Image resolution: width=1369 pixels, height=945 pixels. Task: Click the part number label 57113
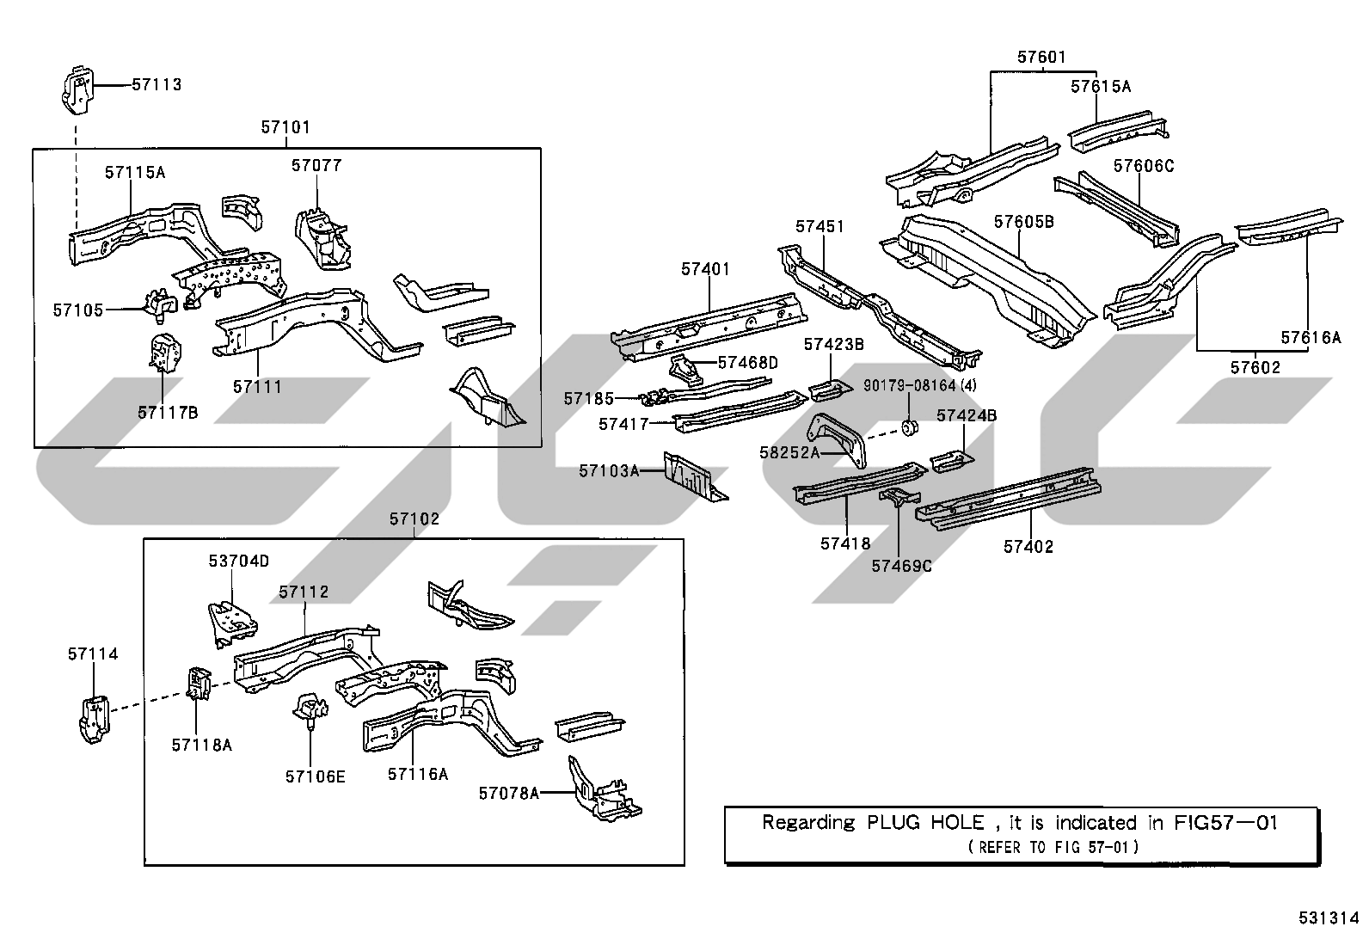(x=157, y=84)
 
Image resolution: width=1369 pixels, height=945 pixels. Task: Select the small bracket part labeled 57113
(x=77, y=90)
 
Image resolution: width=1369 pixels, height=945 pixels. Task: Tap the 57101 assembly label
(x=285, y=127)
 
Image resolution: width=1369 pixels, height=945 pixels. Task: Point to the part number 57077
(x=316, y=165)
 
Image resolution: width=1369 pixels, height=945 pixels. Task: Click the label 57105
(x=78, y=310)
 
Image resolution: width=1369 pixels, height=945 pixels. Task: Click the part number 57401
(x=706, y=269)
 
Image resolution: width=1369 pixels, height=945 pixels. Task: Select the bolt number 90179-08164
(x=910, y=386)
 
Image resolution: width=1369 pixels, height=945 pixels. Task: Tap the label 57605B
(x=1024, y=221)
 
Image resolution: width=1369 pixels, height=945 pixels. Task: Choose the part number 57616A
(x=1311, y=337)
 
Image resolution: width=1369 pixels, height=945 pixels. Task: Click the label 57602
(x=1255, y=367)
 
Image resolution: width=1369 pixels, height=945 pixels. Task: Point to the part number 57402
(x=1028, y=547)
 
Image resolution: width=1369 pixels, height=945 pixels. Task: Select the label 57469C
(x=901, y=566)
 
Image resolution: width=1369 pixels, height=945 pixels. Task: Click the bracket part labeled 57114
(x=94, y=719)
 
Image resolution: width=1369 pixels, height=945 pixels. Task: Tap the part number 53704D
(x=239, y=561)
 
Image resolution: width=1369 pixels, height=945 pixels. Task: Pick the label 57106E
(x=316, y=776)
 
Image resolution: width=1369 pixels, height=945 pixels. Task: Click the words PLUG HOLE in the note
(x=925, y=823)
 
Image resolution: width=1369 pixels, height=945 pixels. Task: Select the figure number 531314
(x=1329, y=918)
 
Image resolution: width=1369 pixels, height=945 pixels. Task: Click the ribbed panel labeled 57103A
(x=695, y=476)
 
